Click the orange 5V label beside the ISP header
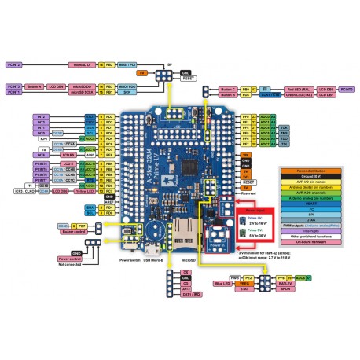coord(141,72)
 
